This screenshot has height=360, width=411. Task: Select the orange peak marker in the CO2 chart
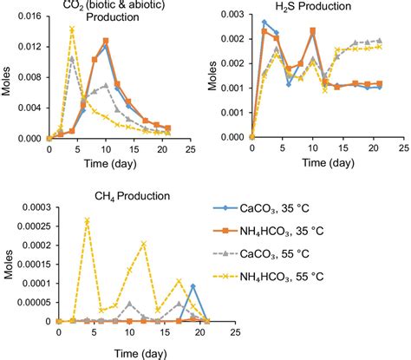click(105, 41)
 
